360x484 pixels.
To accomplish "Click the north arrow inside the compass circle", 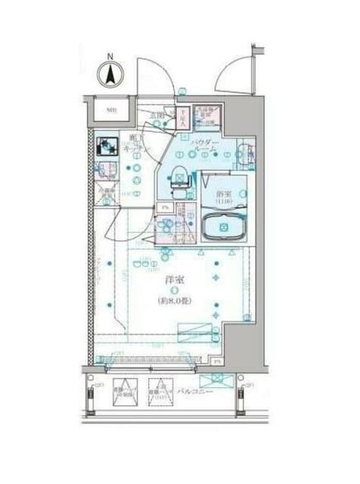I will pyautogui.click(x=110, y=76).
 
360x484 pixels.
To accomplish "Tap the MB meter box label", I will pyautogui.click(x=111, y=111).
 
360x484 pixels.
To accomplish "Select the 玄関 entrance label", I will pyautogui.click(x=157, y=115).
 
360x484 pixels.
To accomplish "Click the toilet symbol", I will pyautogui.click(x=179, y=175).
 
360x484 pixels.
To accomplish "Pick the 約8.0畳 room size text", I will pyautogui.click(x=175, y=300).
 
